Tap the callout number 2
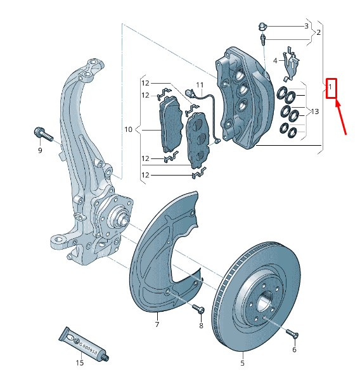[x=318, y=32]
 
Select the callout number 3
[x=306, y=26]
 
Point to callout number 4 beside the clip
[x=275, y=61]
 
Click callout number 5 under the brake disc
[x=242, y=364]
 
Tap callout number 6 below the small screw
[x=294, y=349]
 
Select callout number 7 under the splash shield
[x=157, y=324]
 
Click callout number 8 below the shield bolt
[x=201, y=326]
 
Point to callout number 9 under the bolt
[x=39, y=150]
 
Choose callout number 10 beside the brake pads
[x=128, y=129]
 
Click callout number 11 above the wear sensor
[x=200, y=84]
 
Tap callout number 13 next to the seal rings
[x=314, y=112]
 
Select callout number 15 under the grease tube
[x=80, y=362]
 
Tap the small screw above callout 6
[x=292, y=333]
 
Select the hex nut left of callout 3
[x=262, y=27]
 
